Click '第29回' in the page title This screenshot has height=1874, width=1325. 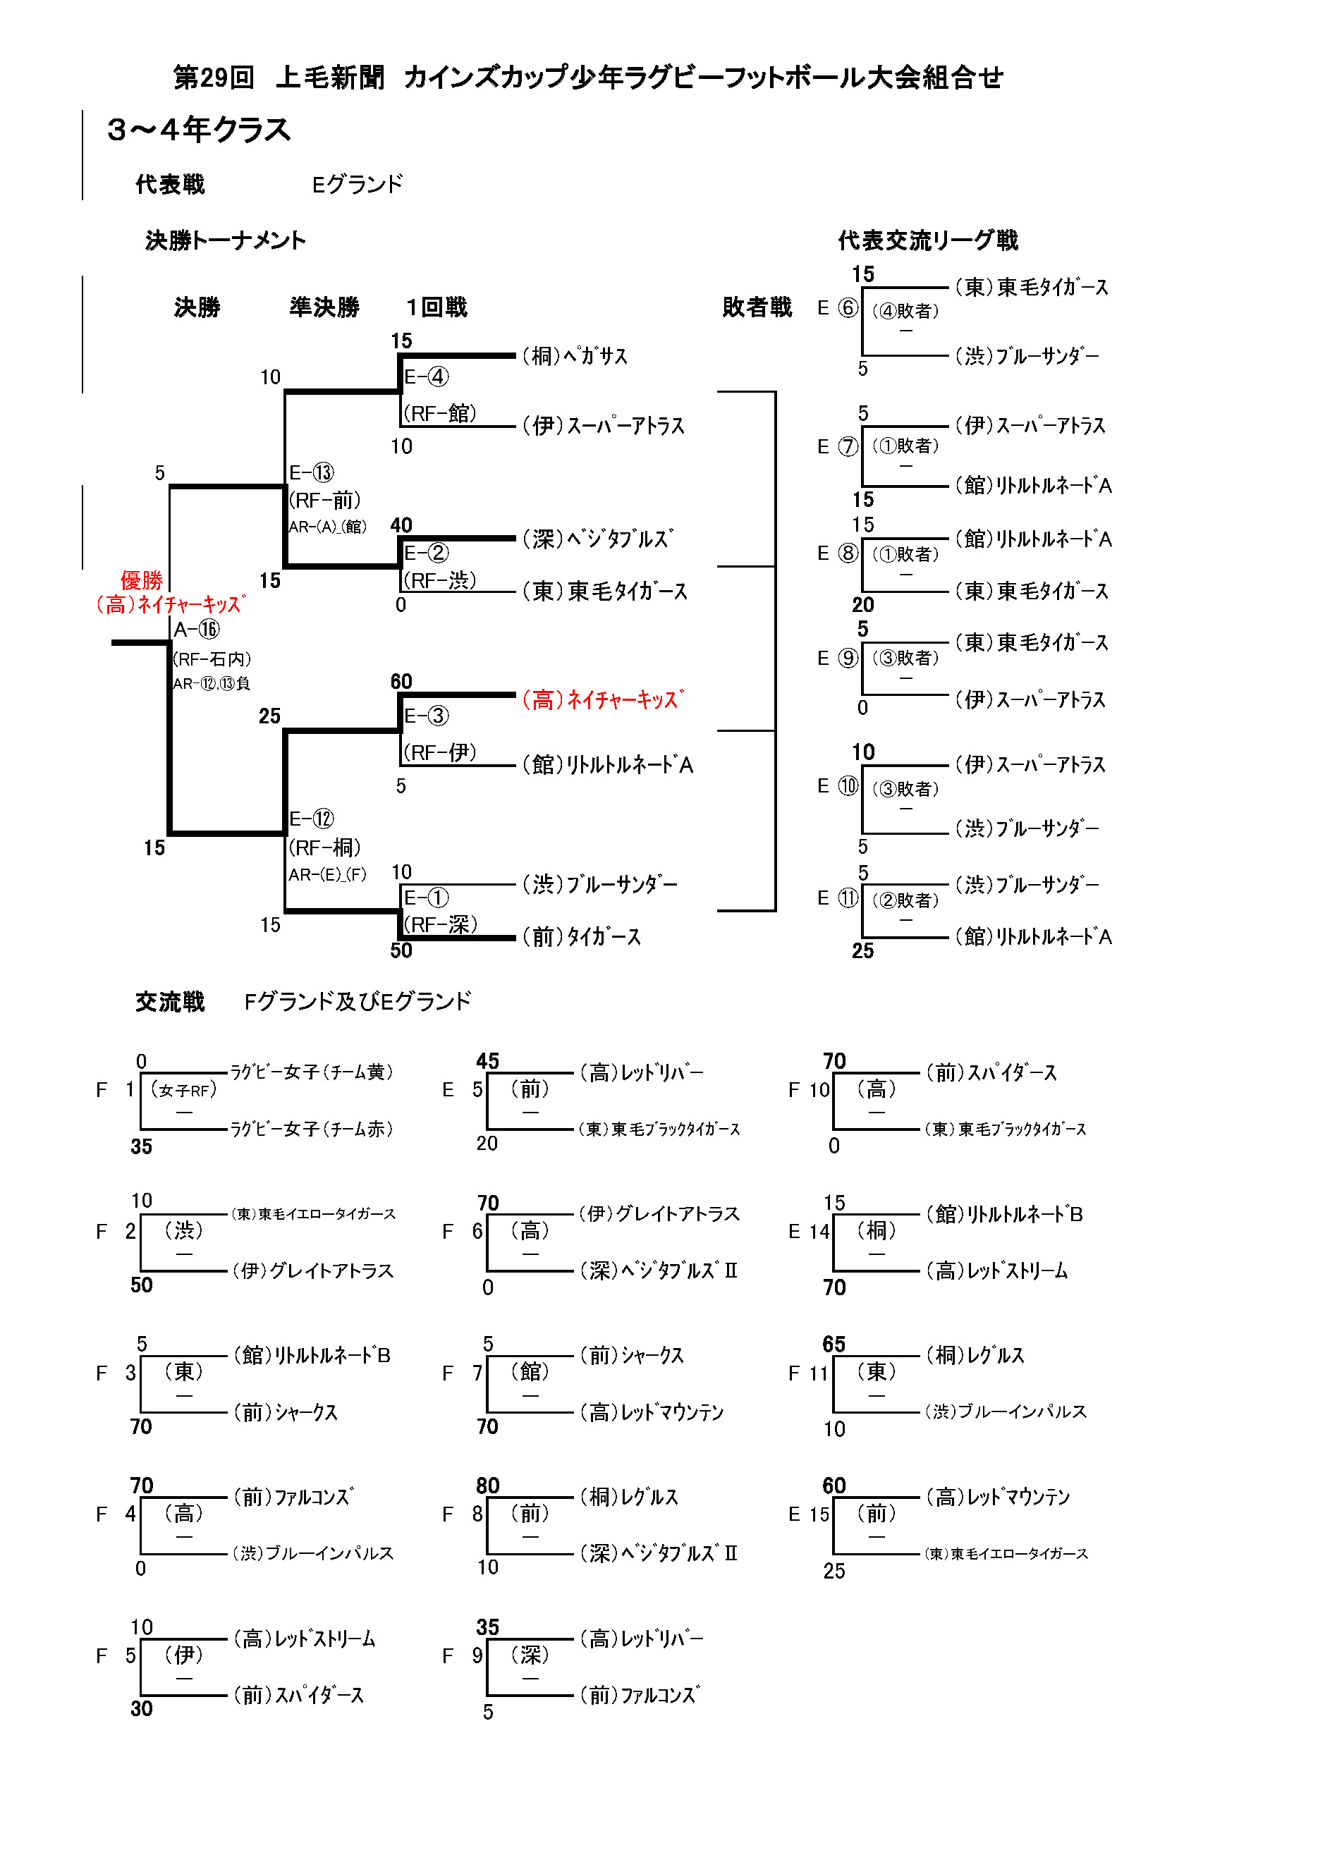(213, 78)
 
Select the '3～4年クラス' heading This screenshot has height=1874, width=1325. (198, 130)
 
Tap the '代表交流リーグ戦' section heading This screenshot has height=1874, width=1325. (927, 240)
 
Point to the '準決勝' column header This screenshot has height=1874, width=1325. (324, 307)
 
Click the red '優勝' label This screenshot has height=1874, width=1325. (141, 580)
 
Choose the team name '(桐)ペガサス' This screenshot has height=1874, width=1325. (575, 356)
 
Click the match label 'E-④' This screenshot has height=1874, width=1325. (426, 376)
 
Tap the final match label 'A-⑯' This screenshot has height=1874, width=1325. (197, 630)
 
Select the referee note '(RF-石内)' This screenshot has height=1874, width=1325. (212, 659)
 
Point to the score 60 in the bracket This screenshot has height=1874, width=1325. (401, 682)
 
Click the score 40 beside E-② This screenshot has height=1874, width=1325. (401, 525)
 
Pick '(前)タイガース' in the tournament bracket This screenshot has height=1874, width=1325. (581, 937)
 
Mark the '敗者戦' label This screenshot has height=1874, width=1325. (757, 307)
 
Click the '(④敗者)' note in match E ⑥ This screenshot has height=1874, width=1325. (905, 311)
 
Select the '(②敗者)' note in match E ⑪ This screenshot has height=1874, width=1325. (905, 900)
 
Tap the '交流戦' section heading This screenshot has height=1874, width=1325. (170, 1001)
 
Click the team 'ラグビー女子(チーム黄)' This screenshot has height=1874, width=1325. (312, 1072)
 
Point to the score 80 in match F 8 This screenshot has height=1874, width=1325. (487, 1485)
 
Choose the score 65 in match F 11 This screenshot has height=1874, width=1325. (834, 1344)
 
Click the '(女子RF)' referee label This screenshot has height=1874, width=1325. (183, 1089)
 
